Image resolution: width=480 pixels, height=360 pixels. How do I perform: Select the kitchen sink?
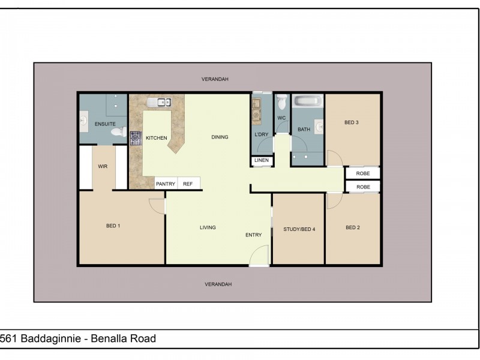click(158, 102)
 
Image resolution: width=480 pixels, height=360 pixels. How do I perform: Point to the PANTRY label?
click(165, 184)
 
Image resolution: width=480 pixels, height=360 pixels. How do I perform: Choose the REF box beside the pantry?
click(188, 184)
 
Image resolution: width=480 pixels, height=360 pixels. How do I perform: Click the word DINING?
click(220, 137)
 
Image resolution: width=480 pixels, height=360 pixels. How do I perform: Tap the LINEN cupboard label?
click(262, 160)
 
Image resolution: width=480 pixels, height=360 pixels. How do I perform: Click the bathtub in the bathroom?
click(307, 101)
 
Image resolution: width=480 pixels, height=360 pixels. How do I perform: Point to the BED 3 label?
click(352, 123)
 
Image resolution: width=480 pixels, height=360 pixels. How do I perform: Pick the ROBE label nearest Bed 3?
click(363, 173)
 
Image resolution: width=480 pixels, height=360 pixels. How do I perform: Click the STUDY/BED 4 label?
click(299, 229)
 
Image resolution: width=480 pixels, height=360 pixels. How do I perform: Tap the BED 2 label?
click(353, 228)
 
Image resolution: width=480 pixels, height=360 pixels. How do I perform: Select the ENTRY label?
click(253, 235)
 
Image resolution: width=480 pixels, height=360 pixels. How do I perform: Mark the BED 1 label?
click(113, 226)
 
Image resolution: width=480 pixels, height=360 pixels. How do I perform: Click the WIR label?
click(103, 166)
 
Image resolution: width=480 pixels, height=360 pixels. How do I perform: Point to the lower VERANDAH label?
click(218, 284)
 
